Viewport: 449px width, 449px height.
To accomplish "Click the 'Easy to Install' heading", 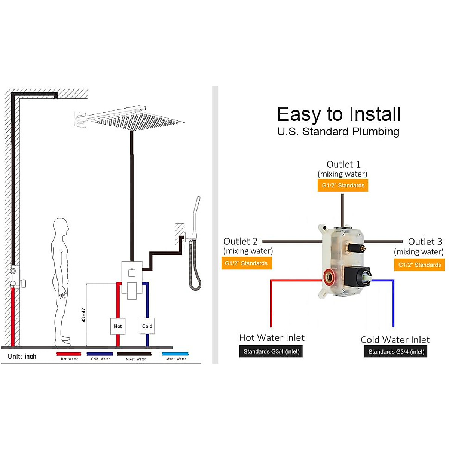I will (x=339, y=114).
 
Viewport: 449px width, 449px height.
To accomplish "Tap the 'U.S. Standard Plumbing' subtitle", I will (x=338, y=132).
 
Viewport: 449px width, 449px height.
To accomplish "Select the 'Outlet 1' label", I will (x=343, y=164).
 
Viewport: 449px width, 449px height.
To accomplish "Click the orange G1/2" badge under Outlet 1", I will (x=343, y=185).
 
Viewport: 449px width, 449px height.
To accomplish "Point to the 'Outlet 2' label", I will (x=241, y=241).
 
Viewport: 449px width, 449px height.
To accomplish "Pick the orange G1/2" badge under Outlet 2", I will (x=246, y=263).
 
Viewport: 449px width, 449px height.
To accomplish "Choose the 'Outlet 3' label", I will (x=425, y=242).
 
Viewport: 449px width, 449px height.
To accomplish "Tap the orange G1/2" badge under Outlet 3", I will (x=419, y=265).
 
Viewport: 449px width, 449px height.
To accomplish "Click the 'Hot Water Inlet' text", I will (x=272, y=337).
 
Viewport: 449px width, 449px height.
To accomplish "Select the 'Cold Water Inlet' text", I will (x=395, y=340).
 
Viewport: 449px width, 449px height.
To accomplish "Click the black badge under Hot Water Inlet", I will (x=271, y=351).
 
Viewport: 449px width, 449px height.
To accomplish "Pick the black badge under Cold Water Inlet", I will (x=396, y=352).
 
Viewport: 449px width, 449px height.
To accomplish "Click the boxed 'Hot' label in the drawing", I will (x=118, y=326).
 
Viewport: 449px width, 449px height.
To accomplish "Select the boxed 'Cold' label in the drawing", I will (x=147, y=326).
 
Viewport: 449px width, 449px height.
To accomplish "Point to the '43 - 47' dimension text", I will (x=83, y=315).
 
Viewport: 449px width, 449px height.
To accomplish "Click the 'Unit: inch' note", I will (x=22, y=357).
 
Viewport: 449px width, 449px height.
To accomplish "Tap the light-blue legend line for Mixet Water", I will (x=175, y=354).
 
